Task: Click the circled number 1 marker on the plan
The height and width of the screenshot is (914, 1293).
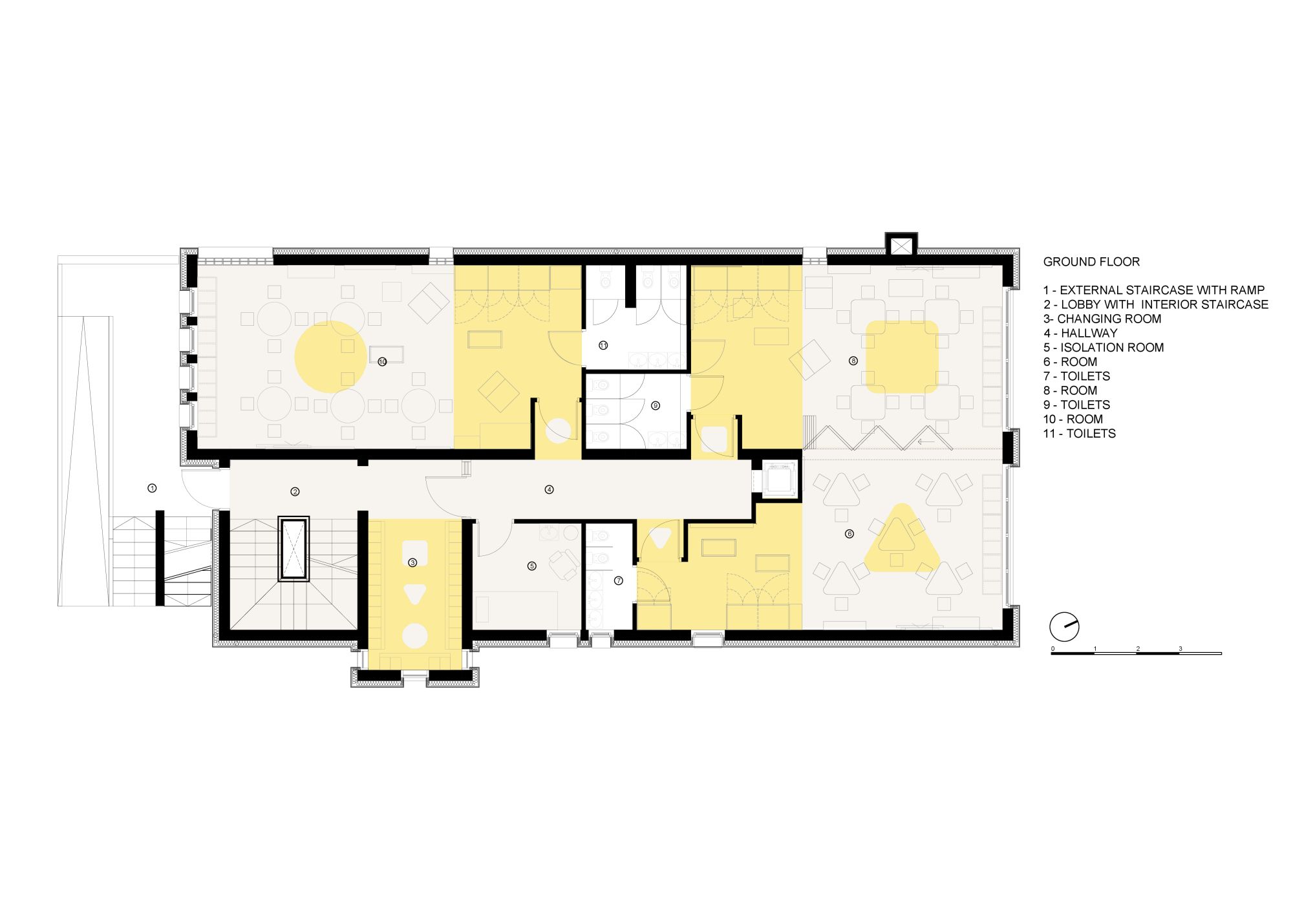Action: (152, 488)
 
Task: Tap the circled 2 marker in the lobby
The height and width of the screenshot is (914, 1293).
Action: (295, 492)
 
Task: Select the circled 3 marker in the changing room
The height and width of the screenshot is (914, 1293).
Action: (412, 563)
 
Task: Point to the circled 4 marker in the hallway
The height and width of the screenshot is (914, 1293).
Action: (549, 490)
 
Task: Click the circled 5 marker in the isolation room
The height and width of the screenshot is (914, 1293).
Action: (532, 566)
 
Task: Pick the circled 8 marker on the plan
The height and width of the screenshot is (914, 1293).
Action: (853, 361)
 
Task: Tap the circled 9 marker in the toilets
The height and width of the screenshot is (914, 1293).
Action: (656, 406)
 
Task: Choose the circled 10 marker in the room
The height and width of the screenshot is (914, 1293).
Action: (382, 362)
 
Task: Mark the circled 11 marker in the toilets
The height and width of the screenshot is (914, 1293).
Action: (603, 346)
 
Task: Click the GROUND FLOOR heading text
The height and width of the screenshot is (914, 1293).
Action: (1091, 262)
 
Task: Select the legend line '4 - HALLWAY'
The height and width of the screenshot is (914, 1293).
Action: (1080, 334)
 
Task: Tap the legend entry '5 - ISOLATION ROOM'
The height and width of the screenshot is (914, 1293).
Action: (1104, 348)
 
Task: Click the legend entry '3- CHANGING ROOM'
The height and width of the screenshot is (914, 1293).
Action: (1102, 319)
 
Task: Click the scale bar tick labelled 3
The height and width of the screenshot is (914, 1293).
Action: (1180, 649)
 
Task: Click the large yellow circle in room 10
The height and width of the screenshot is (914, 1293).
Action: (330, 357)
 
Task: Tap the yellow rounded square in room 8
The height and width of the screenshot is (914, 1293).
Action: (902, 357)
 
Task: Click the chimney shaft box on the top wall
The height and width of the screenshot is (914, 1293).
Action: (901, 246)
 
